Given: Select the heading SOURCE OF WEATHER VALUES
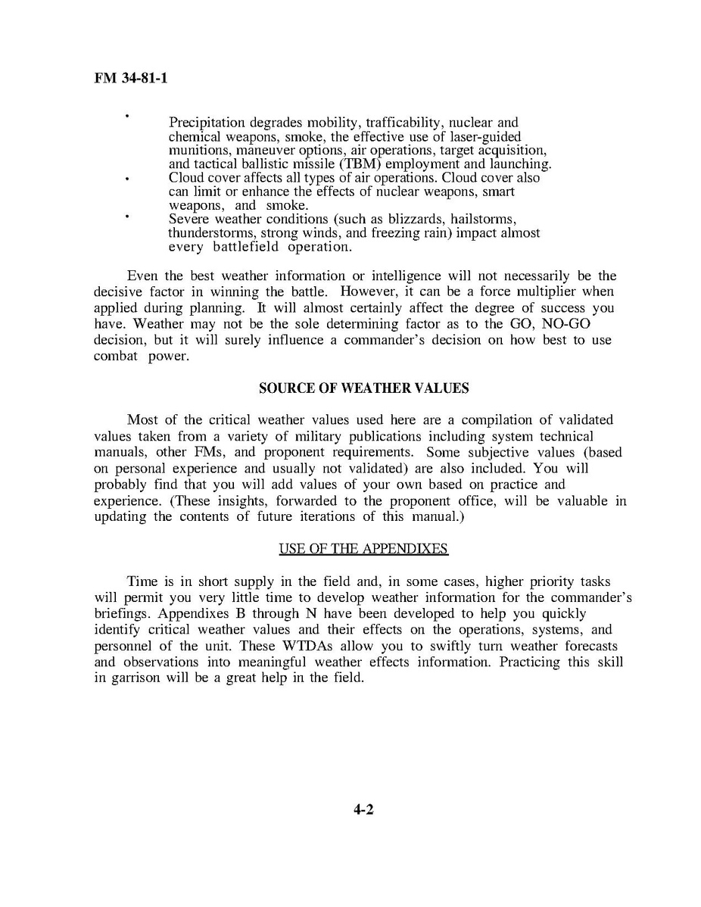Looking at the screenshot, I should coord(363,388).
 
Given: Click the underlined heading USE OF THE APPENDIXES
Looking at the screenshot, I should coord(363,548).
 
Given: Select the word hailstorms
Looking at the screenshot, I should coord(484,219).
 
